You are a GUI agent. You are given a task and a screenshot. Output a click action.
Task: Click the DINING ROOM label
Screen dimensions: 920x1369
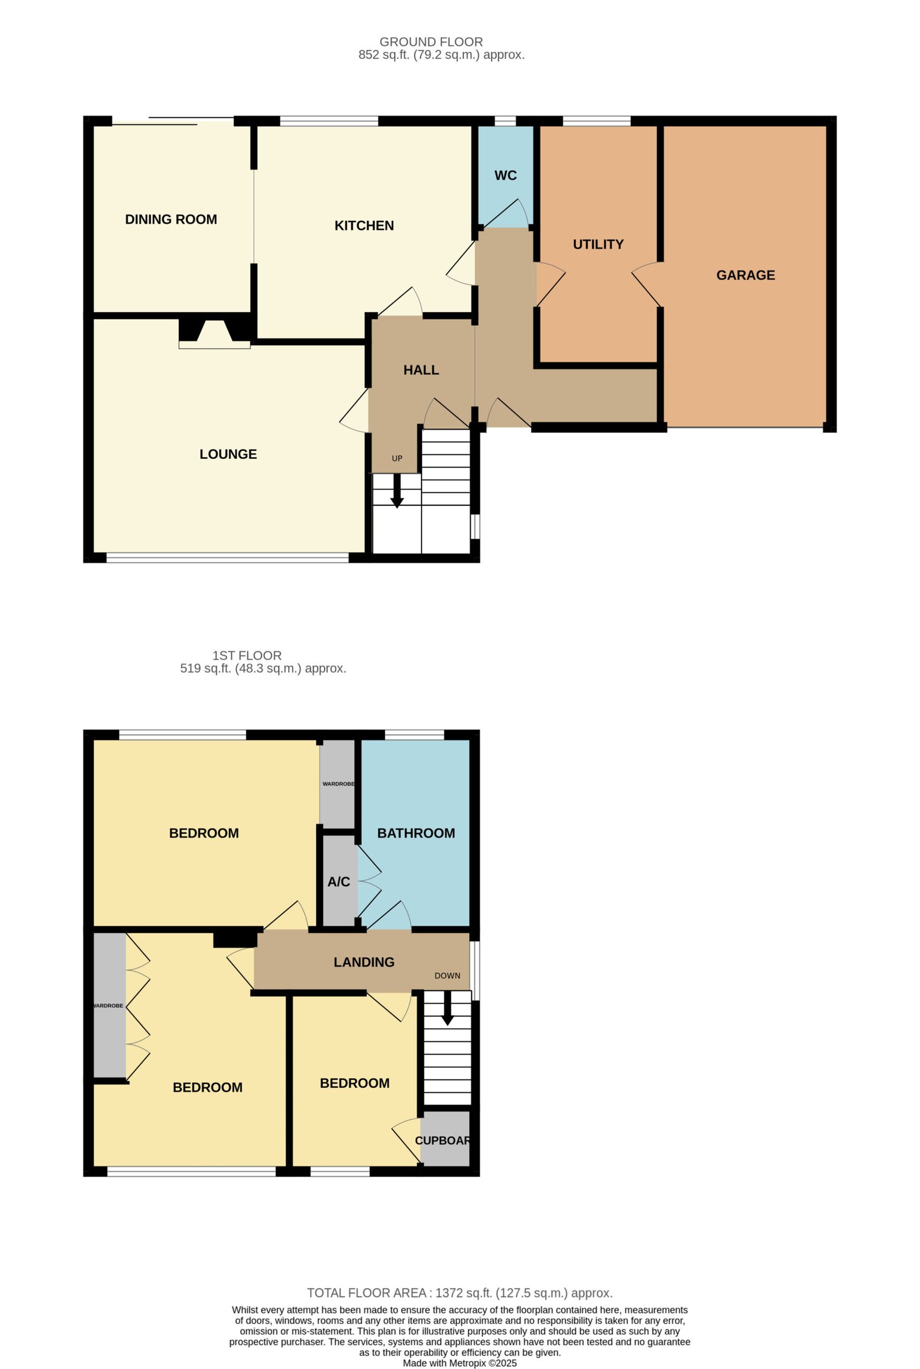(171, 220)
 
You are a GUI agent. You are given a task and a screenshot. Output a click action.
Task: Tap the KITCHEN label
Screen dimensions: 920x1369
(364, 226)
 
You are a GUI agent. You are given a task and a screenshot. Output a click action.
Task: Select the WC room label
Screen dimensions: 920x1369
(505, 175)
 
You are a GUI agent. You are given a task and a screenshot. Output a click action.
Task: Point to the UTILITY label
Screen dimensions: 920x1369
(598, 244)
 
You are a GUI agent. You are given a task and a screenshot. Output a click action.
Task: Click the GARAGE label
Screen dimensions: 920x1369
(745, 275)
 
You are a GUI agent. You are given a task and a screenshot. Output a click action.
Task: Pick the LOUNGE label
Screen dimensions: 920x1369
(228, 454)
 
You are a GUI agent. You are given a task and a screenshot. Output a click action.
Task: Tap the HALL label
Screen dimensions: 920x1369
(421, 370)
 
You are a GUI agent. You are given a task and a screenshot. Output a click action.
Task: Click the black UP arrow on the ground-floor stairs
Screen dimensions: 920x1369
(397, 490)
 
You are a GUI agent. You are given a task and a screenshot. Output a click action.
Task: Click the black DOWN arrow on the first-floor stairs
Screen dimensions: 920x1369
(447, 1008)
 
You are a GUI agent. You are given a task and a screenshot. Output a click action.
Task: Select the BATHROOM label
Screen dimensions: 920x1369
(416, 833)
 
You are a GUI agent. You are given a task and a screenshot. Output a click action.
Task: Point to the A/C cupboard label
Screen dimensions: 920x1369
(339, 881)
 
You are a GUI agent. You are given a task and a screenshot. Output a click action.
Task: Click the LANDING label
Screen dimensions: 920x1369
(364, 962)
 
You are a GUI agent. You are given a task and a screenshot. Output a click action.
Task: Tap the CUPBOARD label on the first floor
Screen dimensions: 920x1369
(443, 1140)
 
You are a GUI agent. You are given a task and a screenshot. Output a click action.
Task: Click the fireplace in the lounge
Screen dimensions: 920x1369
(214, 333)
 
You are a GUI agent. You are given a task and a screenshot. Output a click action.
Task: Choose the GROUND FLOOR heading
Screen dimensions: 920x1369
(431, 42)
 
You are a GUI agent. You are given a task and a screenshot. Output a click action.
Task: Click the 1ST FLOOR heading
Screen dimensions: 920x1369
(247, 655)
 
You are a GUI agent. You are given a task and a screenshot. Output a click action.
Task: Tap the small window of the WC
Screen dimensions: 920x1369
(505, 121)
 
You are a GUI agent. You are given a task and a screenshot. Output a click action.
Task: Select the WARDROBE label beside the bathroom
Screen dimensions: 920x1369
(339, 784)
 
